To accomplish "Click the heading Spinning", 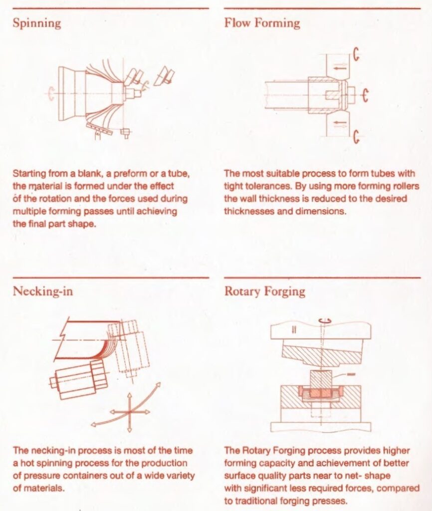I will (37, 23).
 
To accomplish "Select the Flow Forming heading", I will (262, 23).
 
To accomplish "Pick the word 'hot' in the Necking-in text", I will (22, 463).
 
